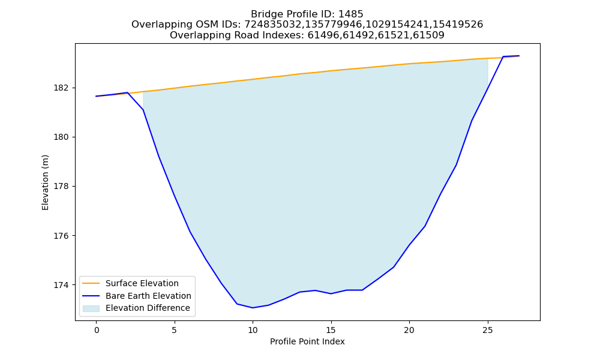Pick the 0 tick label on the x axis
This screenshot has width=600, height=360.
[97, 330]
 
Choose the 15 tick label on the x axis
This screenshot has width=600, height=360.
[331, 330]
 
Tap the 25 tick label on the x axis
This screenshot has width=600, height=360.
[488, 330]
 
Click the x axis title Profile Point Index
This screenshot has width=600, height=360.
[307, 341]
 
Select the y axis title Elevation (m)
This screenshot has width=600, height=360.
[45, 182]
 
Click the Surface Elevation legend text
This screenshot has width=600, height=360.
[142, 283]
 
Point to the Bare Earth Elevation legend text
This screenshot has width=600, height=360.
[148, 296]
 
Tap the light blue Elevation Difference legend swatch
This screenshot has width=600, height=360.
[91, 308]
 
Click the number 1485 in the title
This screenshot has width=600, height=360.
[350, 14]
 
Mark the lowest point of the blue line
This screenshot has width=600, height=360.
[253, 308]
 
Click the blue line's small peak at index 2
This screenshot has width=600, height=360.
[127, 92]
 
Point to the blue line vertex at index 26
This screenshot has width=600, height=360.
[503, 56]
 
